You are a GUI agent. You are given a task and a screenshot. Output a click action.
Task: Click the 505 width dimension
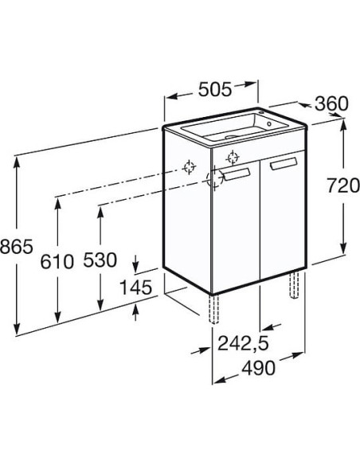tap(215, 89)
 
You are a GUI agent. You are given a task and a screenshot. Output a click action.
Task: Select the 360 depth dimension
tap(331, 104)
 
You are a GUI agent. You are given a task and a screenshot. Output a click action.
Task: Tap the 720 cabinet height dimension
tap(342, 186)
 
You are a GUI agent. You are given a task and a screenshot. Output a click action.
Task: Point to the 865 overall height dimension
tap(16, 246)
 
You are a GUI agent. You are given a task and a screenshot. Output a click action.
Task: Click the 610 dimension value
tap(57, 261)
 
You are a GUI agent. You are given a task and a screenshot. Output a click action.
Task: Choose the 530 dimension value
tap(100, 260)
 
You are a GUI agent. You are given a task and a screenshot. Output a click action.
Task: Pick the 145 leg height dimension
tap(135, 287)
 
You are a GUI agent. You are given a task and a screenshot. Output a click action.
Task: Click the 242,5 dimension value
tap(243, 343)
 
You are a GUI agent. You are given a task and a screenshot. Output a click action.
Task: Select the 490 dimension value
tap(258, 368)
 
